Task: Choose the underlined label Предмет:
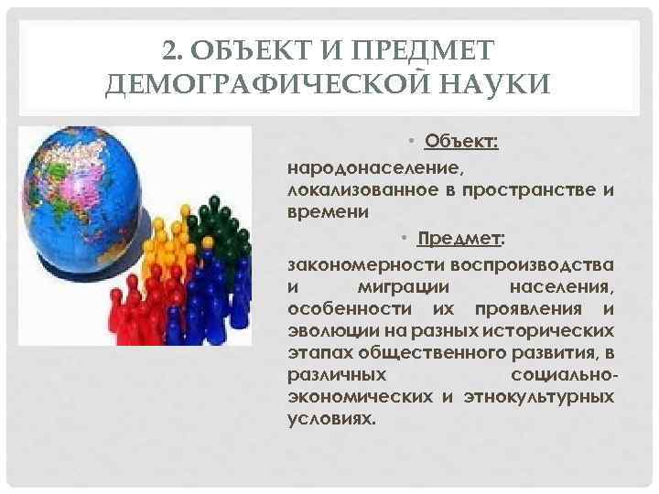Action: tap(460, 240)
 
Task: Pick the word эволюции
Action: tap(328, 330)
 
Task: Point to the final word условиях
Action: tap(330, 419)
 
